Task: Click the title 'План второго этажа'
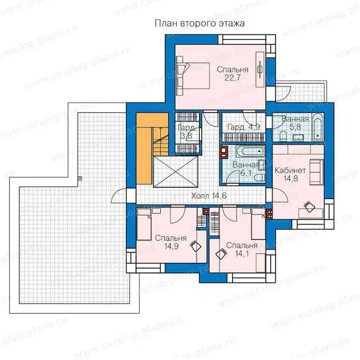(x=199, y=23)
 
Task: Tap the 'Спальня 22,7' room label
(x=233, y=73)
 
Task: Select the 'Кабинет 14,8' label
(x=290, y=174)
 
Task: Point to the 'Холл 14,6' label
(x=209, y=196)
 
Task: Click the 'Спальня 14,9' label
(x=171, y=242)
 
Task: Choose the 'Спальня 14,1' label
(x=242, y=249)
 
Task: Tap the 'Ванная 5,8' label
(x=295, y=123)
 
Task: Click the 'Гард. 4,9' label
(x=243, y=127)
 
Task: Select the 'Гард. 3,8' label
(x=187, y=131)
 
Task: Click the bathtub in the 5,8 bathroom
(x=318, y=126)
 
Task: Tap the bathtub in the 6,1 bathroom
(x=250, y=151)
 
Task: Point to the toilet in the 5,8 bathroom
(x=283, y=136)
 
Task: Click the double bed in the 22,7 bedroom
(x=193, y=76)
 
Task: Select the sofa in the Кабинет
(x=316, y=172)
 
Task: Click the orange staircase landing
(x=144, y=148)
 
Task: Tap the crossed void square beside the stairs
(x=175, y=171)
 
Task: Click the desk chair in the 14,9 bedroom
(x=196, y=246)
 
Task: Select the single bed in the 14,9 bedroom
(x=144, y=224)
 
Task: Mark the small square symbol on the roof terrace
(x=80, y=178)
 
